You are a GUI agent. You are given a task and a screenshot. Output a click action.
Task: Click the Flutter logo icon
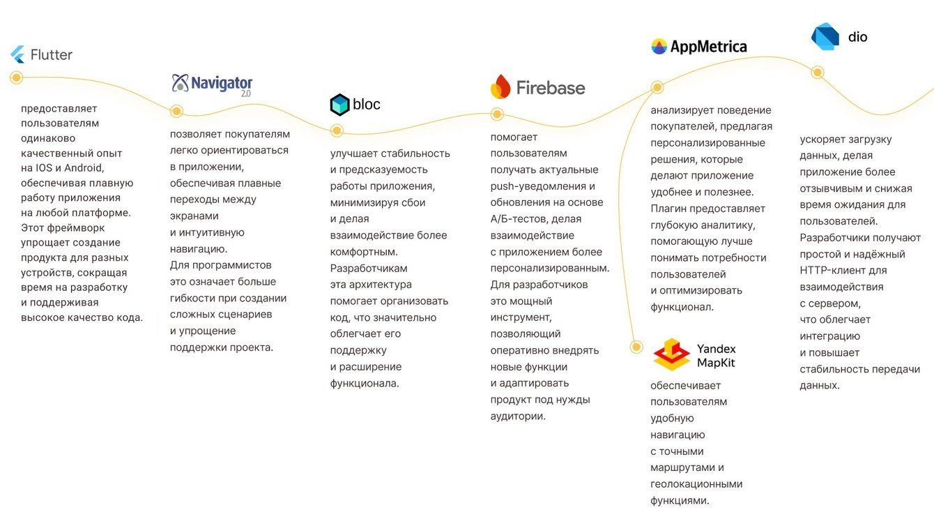tap(17, 54)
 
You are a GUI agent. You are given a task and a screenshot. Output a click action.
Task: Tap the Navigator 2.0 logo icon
tap(181, 83)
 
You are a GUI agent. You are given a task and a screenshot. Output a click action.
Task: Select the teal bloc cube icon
tap(339, 105)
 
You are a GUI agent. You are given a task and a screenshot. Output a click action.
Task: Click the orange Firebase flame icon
tap(500, 87)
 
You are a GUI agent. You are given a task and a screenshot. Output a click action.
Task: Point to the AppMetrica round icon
tap(659, 47)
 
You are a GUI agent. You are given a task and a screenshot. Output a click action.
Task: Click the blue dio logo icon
tap(825, 37)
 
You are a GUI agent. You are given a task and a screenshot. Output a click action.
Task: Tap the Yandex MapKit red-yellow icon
tap(671, 354)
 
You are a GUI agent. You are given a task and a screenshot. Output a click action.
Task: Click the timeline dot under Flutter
tap(16, 77)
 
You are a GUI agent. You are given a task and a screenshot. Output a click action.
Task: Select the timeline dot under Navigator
tap(176, 111)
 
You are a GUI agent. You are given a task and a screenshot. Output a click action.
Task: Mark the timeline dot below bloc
tap(337, 130)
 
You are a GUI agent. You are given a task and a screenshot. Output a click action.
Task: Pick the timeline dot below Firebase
tap(497, 114)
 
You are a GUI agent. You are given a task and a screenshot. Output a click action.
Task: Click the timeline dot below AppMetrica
tap(657, 87)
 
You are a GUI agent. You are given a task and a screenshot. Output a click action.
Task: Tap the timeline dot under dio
tap(818, 72)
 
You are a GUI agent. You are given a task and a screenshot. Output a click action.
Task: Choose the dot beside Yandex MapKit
tap(636, 347)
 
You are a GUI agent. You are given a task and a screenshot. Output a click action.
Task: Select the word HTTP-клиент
tap(833, 271)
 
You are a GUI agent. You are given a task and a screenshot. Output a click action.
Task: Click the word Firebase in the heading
tap(550, 88)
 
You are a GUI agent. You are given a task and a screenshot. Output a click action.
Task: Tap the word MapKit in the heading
tap(716, 363)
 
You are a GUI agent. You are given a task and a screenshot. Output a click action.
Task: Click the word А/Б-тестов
tap(519, 219)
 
